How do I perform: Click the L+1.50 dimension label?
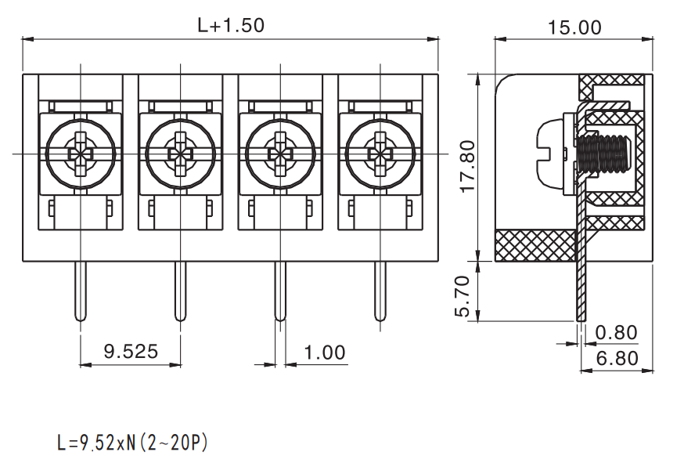coord(231,25)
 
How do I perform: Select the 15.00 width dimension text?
coord(574,27)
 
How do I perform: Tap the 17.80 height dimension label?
coord(467,166)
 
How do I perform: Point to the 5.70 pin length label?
coord(463,295)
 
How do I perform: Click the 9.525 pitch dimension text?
coord(131,351)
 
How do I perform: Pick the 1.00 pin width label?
coord(325,352)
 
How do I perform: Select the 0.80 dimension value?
coord(617,333)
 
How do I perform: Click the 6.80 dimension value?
coord(617,358)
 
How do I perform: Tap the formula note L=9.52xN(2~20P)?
coord(132,443)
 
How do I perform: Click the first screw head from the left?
coord(81,154)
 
